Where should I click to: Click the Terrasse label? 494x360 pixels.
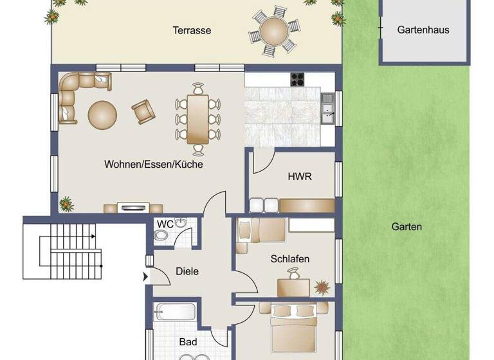click(x=192, y=30)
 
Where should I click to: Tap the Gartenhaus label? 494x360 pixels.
click(x=423, y=30)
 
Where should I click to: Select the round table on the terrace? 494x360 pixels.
click(x=274, y=30)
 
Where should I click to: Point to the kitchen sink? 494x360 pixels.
click(x=327, y=107)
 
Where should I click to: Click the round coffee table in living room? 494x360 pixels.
click(x=103, y=114)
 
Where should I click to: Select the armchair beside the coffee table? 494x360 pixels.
click(x=143, y=111)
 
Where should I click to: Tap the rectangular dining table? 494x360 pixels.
click(x=198, y=119)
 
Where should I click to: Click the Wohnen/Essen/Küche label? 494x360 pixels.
click(x=153, y=165)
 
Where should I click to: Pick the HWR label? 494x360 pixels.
click(x=299, y=176)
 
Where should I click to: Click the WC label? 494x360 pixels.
click(x=165, y=224)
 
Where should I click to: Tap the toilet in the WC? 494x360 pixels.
click(x=161, y=236)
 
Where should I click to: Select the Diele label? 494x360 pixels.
click(x=187, y=271)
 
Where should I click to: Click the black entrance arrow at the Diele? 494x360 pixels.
click(x=145, y=277)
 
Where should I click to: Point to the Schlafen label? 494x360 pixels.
click(x=289, y=259)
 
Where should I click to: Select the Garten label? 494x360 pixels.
click(x=407, y=226)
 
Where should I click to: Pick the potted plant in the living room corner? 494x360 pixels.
click(x=66, y=204)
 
